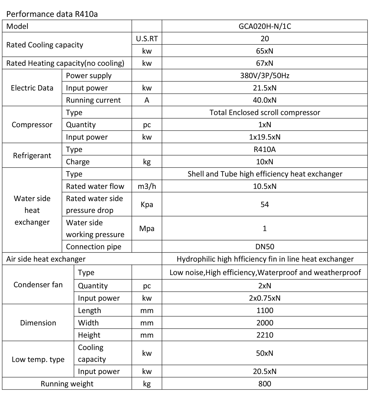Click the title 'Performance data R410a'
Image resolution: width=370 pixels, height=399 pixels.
[52, 14]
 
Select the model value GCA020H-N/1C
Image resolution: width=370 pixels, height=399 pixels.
[265, 26]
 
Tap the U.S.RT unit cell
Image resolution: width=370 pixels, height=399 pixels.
[147, 38]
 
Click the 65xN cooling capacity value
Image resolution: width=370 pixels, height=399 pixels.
[265, 51]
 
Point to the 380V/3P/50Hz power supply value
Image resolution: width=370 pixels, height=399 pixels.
[265, 75]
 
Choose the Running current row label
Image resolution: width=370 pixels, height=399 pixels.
[93, 100]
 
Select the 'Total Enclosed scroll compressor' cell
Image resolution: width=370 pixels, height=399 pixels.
[265, 112]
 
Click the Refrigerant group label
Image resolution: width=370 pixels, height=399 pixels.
[32, 155]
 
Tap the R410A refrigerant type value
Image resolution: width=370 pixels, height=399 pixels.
[265, 149]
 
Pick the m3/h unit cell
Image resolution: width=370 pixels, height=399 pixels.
[147, 186]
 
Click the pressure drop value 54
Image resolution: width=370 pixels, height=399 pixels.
[265, 204]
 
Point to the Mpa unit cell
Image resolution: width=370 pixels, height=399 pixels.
[147, 228]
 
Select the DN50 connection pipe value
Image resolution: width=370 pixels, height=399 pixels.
[265, 247]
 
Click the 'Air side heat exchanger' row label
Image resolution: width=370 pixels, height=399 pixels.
[46, 259]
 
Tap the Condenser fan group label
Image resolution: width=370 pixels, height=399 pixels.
[38, 284]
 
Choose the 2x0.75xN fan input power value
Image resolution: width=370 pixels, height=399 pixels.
[265, 298]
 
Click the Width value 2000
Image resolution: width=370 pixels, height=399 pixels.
[265, 323]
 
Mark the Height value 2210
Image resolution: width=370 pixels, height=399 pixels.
[265, 335]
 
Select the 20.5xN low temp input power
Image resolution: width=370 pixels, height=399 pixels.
[265, 371]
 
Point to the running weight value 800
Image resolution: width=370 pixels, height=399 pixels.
[265, 384]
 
